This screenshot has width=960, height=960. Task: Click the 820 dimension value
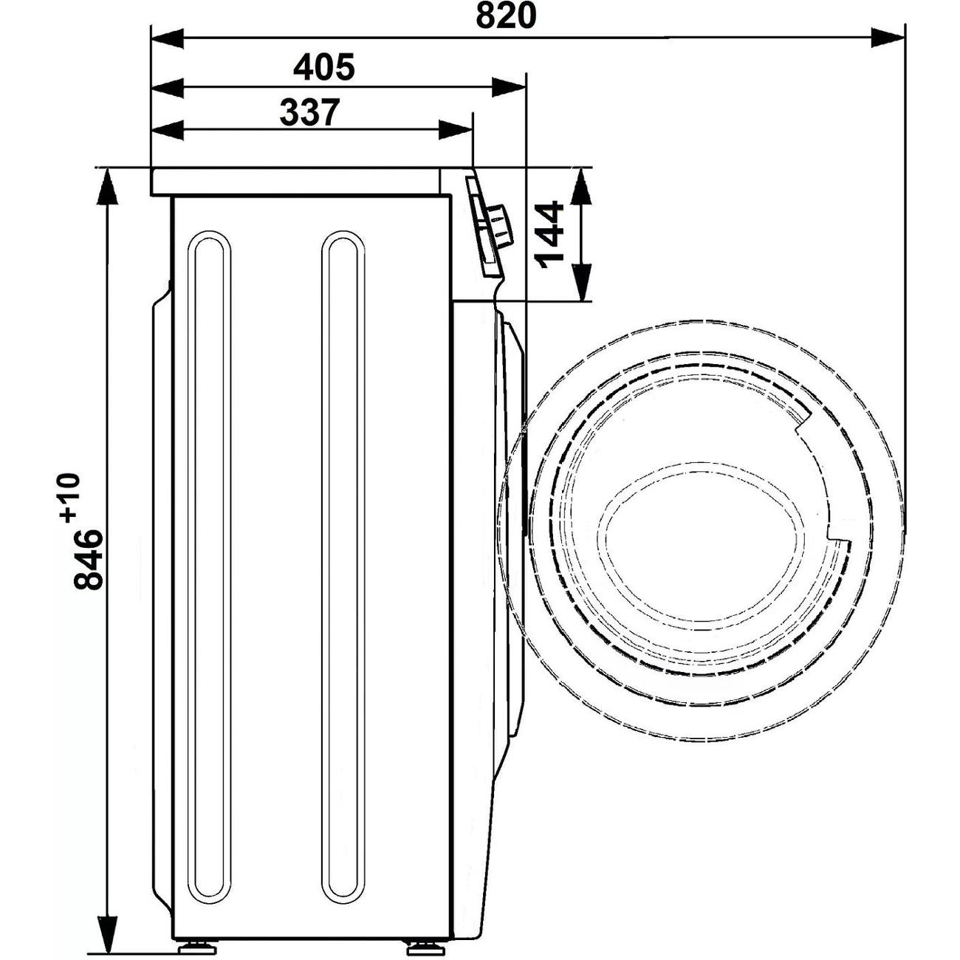(506, 16)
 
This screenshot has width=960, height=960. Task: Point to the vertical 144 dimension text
(549, 234)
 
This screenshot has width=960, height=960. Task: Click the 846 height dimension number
(88, 560)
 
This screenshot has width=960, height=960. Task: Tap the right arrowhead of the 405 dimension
(509, 88)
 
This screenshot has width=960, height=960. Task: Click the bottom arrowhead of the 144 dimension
(581, 284)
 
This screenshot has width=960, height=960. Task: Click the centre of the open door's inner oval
(703, 543)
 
